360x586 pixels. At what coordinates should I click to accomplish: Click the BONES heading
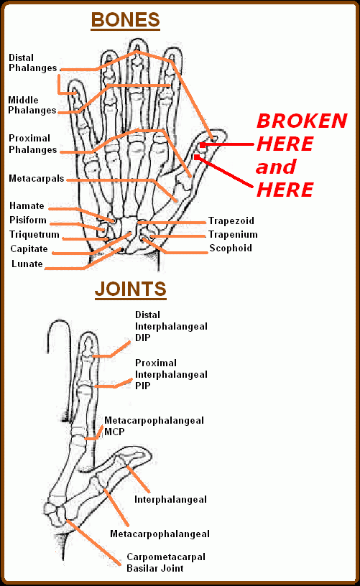coord(125,20)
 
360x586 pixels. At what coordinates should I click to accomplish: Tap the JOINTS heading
coord(131,289)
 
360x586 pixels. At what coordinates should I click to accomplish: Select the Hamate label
coord(27,206)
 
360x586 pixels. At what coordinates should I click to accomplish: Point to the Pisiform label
coord(28,220)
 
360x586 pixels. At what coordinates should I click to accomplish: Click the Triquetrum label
coord(34,235)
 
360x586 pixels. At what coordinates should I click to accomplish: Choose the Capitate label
coord(29,249)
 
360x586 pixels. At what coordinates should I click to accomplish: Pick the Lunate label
coord(27,264)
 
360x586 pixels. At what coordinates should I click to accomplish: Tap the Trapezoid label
coord(231,221)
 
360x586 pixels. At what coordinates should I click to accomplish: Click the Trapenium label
coord(233,235)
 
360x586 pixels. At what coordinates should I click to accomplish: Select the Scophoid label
coord(231,248)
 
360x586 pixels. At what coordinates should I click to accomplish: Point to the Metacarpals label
coord(36,179)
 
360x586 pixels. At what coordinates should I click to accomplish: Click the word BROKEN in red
coord(302,121)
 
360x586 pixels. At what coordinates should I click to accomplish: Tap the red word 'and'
coord(276,167)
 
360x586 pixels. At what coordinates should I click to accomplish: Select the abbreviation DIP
coord(143,338)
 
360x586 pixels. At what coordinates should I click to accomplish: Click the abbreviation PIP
coord(143,386)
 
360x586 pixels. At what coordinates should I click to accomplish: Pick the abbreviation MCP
coord(114,432)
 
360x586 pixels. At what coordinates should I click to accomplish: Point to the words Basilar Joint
coord(155,569)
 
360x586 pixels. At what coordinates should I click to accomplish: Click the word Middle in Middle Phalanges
coord(23,100)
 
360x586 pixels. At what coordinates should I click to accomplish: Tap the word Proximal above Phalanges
coord(29,139)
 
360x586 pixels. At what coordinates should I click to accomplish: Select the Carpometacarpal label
coord(166,557)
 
